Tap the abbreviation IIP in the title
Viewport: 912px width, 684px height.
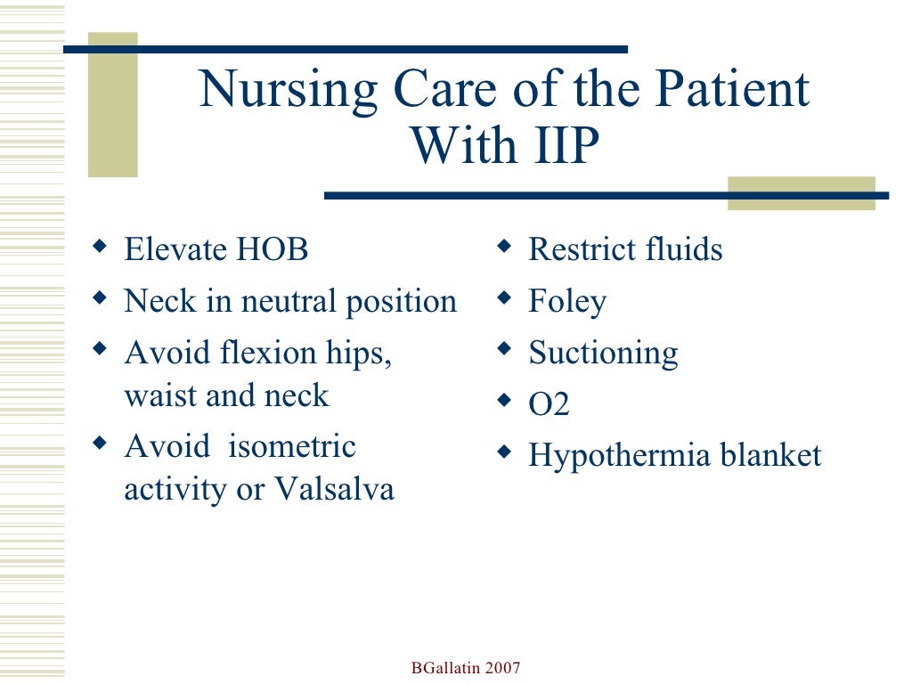551,145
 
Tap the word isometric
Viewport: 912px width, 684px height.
292,446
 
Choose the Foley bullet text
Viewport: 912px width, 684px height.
567,302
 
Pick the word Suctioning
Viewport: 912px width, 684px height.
603,354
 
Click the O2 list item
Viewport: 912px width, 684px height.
549,405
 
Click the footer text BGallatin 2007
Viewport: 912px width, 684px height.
466,668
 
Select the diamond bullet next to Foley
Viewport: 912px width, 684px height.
504,296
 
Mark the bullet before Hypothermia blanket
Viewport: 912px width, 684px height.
504,451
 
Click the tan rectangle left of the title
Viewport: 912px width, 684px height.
112,104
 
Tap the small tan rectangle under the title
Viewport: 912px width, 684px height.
801,193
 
